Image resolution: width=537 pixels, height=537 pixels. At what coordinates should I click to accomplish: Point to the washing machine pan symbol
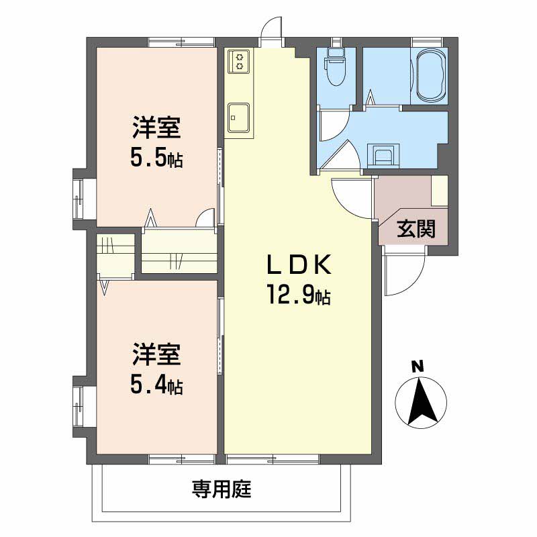click(384, 156)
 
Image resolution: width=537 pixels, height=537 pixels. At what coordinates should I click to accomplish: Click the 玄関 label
click(416, 230)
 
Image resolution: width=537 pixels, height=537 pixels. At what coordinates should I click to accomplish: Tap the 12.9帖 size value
click(299, 295)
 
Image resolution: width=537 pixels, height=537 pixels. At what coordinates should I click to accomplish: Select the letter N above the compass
click(418, 367)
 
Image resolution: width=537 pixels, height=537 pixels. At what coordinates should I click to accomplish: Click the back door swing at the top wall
click(272, 31)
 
